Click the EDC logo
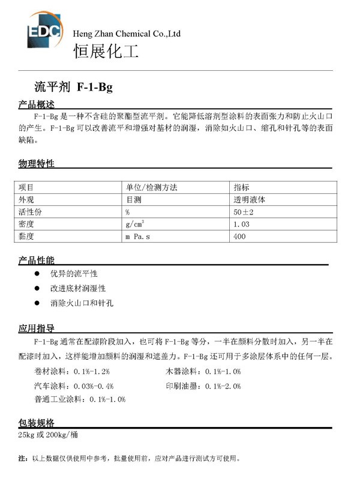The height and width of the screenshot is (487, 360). pyautogui.click(x=44, y=30)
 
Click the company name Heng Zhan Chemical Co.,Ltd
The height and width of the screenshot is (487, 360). pyautogui.click(x=126, y=34)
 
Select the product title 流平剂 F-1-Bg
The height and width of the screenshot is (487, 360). pyautogui.click(x=74, y=88)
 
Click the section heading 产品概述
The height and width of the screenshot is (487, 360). pyautogui.click(x=37, y=105)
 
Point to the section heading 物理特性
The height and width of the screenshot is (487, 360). pyautogui.click(x=37, y=163)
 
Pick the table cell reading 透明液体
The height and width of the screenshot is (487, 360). pyautogui.click(x=253, y=199)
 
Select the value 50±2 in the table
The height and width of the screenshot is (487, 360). pyautogui.click(x=245, y=212)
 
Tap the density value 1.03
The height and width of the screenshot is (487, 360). pyautogui.click(x=241, y=224)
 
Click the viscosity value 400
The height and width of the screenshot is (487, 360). pyautogui.click(x=239, y=237)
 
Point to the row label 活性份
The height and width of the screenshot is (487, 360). pyautogui.click(x=31, y=212)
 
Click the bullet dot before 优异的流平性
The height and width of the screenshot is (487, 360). pyautogui.click(x=37, y=273)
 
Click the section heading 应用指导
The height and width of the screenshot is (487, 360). pyautogui.click(x=37, y=328)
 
